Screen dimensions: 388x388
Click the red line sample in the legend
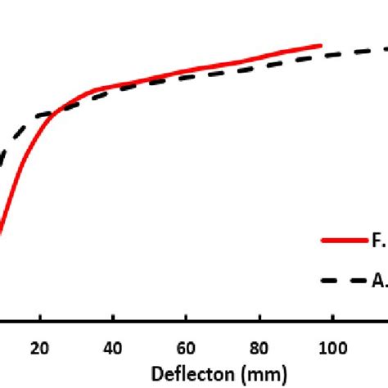[343, 241]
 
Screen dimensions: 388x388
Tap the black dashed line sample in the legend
[343, 280]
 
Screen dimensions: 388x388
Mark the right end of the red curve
[320, 46]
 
